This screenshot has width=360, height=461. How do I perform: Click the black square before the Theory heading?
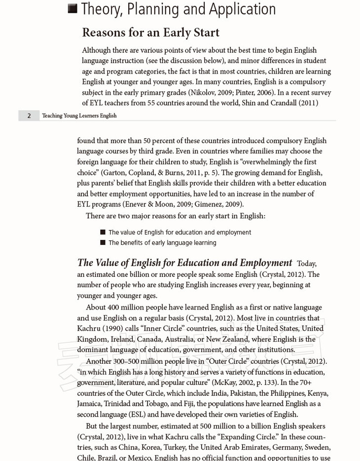click(72, 8)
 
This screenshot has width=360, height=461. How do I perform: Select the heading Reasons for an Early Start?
click(150, 33)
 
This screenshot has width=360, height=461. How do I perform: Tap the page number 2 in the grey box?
click(29, 115)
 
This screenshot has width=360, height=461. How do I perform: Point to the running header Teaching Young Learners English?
click(79, 115)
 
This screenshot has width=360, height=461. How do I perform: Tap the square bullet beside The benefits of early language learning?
click(103, 242)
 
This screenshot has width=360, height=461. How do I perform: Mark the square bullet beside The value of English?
click(103, 232)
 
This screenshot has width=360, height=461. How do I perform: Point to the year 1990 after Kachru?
click(114, 328)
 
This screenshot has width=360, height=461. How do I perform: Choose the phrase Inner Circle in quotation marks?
click(162, 328)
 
